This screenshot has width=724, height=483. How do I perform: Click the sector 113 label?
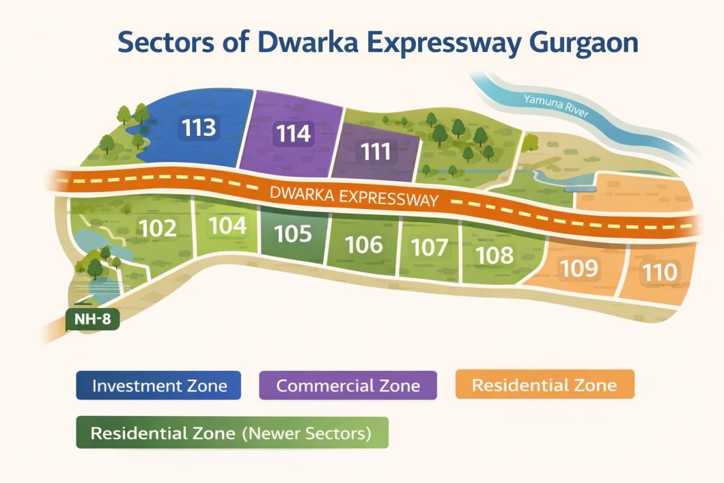coord(200,128)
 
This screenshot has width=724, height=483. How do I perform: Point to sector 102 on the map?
coord(157,228)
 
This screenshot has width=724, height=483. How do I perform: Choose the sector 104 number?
coord(227,226)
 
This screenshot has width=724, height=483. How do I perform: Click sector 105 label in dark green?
coord(293,234)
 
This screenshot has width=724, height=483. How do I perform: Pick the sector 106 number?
coord(364,245)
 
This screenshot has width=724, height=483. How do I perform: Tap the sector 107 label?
coord(429,248)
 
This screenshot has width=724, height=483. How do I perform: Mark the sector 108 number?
coord(494,255)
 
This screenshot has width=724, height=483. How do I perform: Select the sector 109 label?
coord(579,269)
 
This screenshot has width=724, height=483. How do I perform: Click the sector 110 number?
coord(659,272)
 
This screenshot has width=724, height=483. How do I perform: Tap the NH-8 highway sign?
coord(92,320)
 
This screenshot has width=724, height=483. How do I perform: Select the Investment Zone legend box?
coord(159,386)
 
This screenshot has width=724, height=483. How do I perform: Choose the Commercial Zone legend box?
coord(348,386)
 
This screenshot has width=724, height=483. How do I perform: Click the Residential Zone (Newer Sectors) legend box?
coord(232,433)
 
